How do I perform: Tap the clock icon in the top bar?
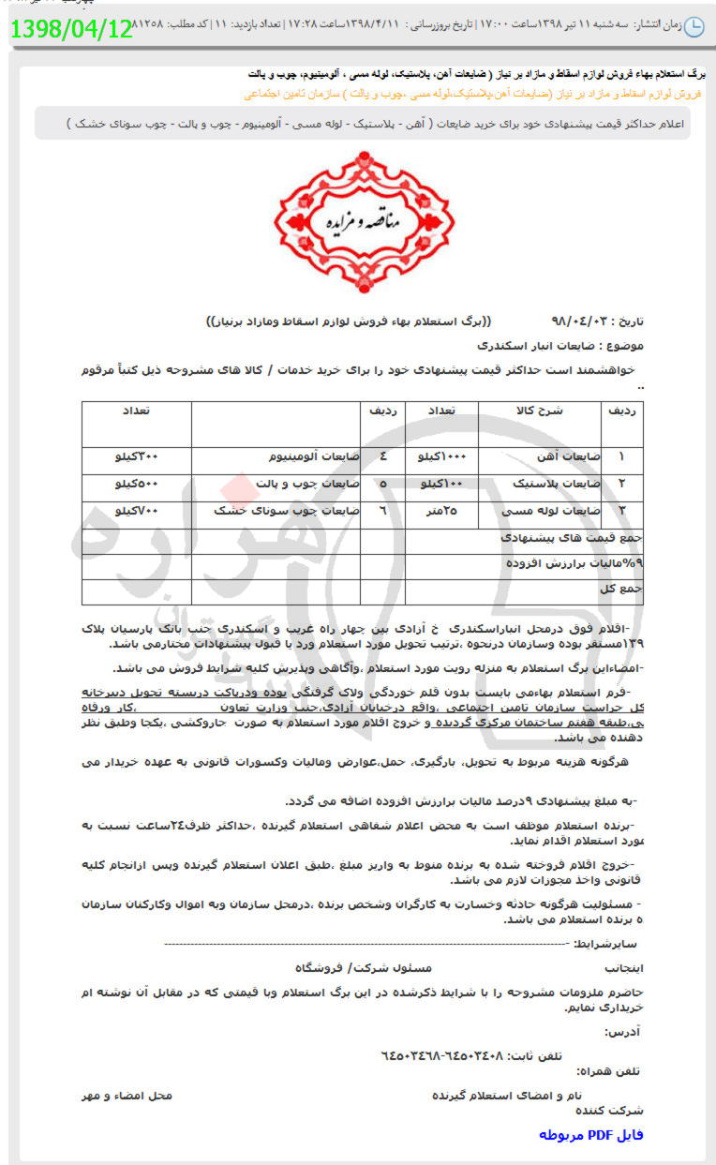[x=694, y=27]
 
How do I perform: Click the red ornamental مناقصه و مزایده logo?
[x=363, y=222]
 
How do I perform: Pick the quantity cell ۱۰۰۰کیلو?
[x=441, y=456]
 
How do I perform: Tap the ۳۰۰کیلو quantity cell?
[x=137, y=456]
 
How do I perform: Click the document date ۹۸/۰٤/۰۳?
[x=582, y=320]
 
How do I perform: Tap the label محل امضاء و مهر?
[x=127, y=1095]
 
